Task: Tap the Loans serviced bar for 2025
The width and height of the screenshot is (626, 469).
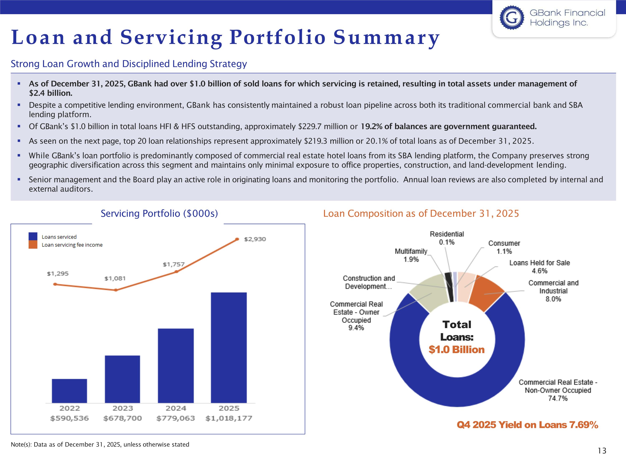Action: [229, 347]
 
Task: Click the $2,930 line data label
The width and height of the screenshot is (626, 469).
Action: [255, 239]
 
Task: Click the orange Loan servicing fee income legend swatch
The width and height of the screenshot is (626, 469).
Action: [33, 245]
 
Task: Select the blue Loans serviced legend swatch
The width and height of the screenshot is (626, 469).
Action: [33, 237]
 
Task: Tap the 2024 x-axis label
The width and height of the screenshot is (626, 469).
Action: [175, 408]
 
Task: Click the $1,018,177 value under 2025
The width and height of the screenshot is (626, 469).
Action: [229, 418]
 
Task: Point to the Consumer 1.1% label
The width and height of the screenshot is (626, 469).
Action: [504, 247]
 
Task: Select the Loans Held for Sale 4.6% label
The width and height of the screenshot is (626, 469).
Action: [539, 267]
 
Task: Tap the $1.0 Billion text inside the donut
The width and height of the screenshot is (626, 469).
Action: [457, 350]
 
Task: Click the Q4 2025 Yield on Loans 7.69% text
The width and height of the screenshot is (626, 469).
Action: [527, 425]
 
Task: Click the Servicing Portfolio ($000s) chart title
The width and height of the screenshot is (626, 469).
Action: [159, 213]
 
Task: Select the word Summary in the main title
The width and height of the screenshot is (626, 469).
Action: [386, 37]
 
